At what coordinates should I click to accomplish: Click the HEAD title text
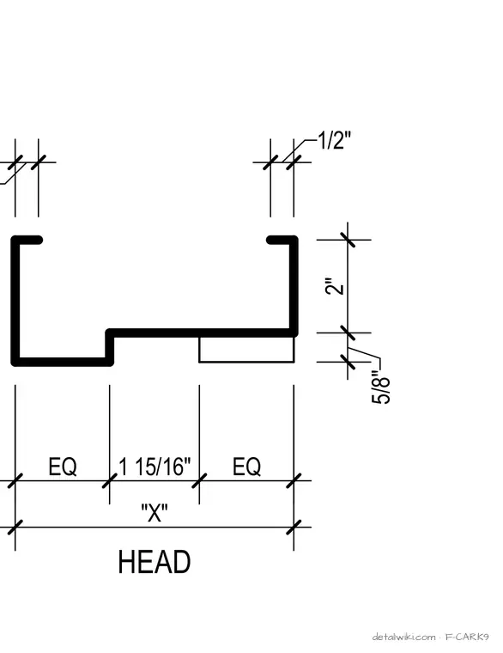[x=155, y=562]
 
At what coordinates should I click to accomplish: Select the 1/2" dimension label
[x=335, y=140]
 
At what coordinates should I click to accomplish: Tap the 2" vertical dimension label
[x=335, y=285]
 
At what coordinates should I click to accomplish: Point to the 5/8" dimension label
[x=380, y=388]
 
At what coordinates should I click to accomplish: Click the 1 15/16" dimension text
[x=155, y=467]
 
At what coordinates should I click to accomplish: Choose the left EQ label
[x=63, y=467]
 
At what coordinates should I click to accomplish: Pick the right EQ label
[x=246, y=467]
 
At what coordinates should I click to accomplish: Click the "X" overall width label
[x=155, y=513]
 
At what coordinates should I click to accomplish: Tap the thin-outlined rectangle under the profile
[x=246, y=349]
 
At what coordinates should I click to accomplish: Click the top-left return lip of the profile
[x=28, y=240]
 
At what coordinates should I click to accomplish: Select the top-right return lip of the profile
[x=282, y=240]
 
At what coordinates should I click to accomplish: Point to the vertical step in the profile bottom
[x=110, y=348]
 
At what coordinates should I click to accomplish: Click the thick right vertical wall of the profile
[x=294, y=286]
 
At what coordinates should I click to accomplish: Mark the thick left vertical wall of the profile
[x=15, y=301]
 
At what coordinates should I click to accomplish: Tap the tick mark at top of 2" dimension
[x=348, y=240]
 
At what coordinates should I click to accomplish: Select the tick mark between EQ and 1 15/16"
[x=110, y=480]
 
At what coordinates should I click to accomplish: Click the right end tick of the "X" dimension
[x=294, y=527]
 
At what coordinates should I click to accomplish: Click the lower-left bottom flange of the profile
[x=63, y=362]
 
